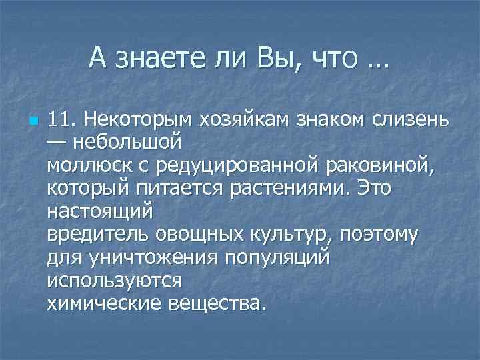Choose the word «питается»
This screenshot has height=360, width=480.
181,189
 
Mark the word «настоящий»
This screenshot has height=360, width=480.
101,212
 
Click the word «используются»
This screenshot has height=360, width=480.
114,281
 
